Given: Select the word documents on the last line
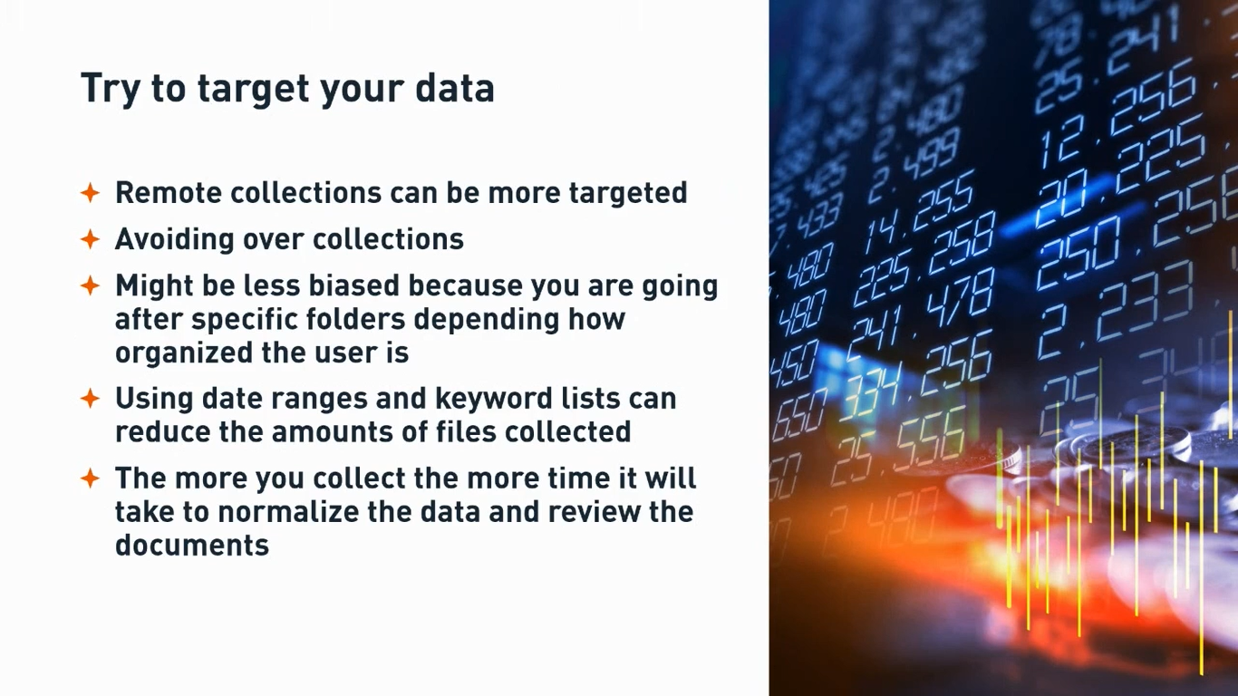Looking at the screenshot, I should click(x=191, y=545).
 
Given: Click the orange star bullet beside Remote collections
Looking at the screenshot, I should click(x=90, y=192).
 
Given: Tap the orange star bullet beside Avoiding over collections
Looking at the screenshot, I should click(x=90, y=239).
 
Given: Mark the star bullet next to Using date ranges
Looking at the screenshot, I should click(x=90, y=399).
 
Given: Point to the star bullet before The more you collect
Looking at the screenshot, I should click(x=90, y=478).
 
